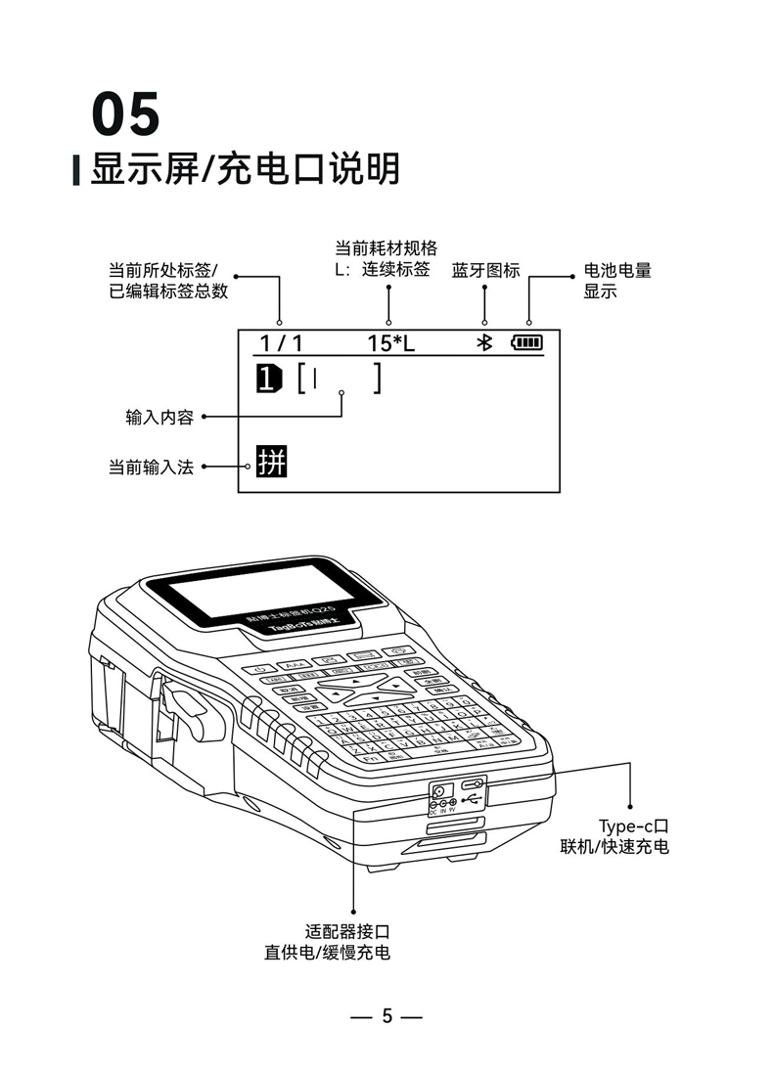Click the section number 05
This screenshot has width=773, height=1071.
pos(125,114)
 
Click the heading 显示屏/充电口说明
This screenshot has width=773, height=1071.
pos(245,169)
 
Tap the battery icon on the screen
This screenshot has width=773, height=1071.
pos(525,342)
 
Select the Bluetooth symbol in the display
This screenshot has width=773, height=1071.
pos(482,342)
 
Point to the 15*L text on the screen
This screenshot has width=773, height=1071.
pos(390,342)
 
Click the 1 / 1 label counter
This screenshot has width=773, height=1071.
pos(281,342)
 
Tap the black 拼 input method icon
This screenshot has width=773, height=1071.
pos(272,462)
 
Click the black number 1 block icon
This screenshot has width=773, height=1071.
pos(268,377)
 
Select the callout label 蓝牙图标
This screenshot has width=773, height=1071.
pos(485,270)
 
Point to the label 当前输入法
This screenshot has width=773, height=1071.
pos(150,468)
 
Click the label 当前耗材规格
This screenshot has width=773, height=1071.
pos(386,248)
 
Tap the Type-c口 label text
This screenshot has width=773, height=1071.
pos(632,826)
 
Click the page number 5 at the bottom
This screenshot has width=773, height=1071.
pos(386,1015)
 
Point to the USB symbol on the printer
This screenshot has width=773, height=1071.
pos(473,799)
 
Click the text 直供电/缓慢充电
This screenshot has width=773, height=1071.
pos(327,952)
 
